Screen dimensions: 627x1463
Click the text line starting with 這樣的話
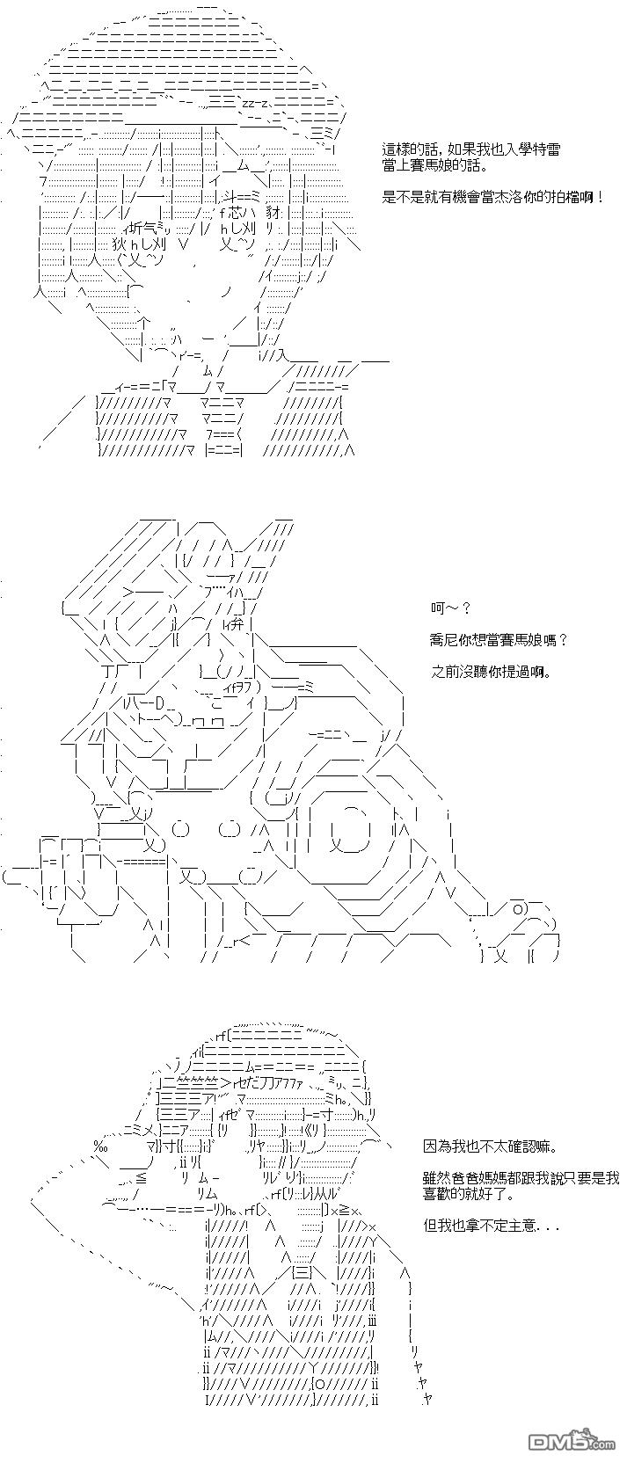(x=471, y=149)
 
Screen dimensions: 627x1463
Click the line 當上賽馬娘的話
(x=434, y=164)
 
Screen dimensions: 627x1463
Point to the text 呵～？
(x=450, y=608)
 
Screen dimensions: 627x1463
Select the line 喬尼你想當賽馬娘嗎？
(x=499, y=640)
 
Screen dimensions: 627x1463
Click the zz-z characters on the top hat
(x=254, y=103)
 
